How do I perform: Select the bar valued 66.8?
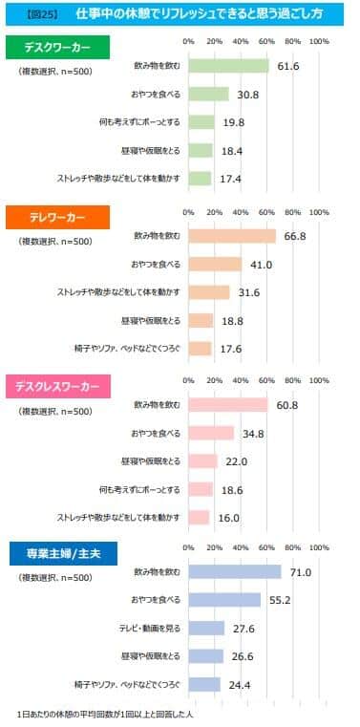[232, 236]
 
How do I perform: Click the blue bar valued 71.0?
[235, 572]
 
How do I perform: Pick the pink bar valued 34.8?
[211, 433]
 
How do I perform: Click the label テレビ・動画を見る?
[146, 629]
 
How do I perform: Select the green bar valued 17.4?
[200, 178]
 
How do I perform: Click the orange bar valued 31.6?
[209, 292]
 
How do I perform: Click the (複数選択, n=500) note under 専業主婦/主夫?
[54, 578]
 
